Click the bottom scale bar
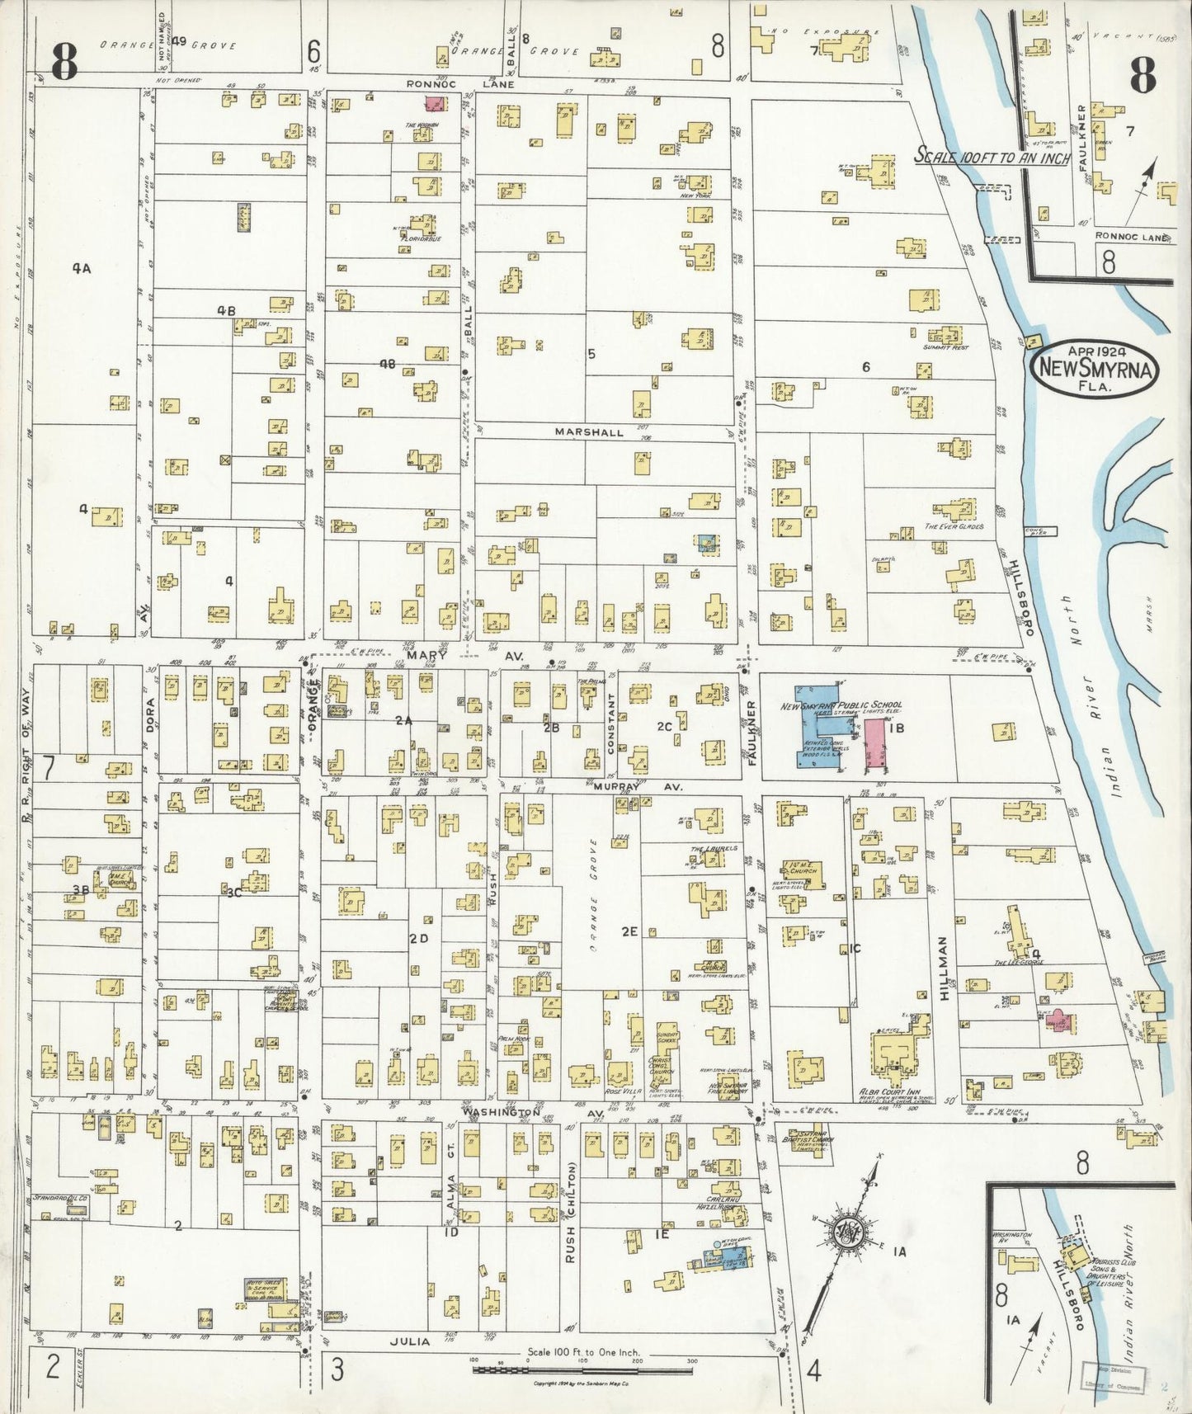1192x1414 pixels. tap(583, 1369)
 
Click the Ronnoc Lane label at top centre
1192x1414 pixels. tap(460, 84)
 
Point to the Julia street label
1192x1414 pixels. tap(410, 1341)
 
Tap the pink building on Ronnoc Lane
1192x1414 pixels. tap(434, 104)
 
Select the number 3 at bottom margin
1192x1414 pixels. tap(337, 1369)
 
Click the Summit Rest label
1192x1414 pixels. tap(945, 348)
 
